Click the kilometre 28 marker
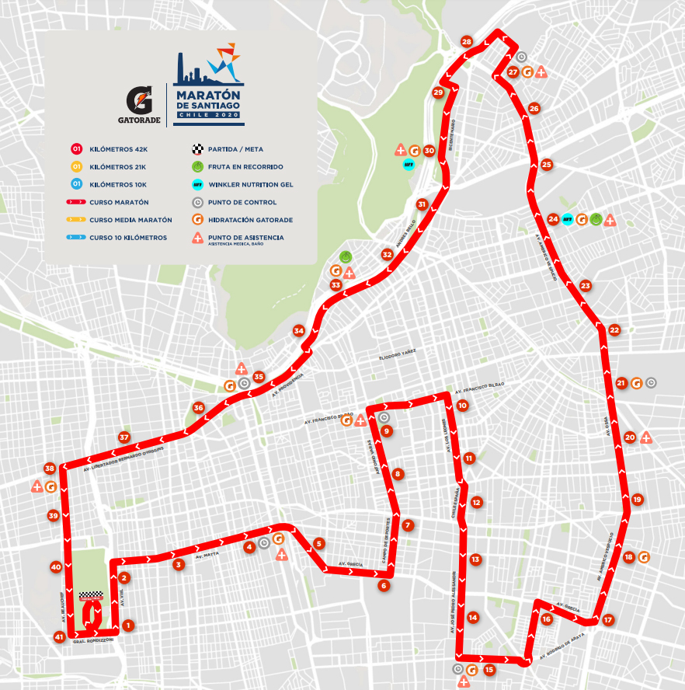[x=466, y=42]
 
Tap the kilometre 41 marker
[x=59, y=637]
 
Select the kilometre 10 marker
[x=462, y=406]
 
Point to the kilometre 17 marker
[x=608, y=620]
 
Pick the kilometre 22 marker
[x=614, y=330]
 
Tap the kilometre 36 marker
[x=199, y=408]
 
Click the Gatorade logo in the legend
[x=144, y=103]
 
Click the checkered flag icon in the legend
[x=197, y=148]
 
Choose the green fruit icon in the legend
[x=197, y=166]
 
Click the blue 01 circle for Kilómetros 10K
[x=76, y=184]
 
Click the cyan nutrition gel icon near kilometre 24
[x=567, y=219]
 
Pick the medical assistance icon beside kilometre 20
[x=646, y=437]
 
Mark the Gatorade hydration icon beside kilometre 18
[x=644, y=557]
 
